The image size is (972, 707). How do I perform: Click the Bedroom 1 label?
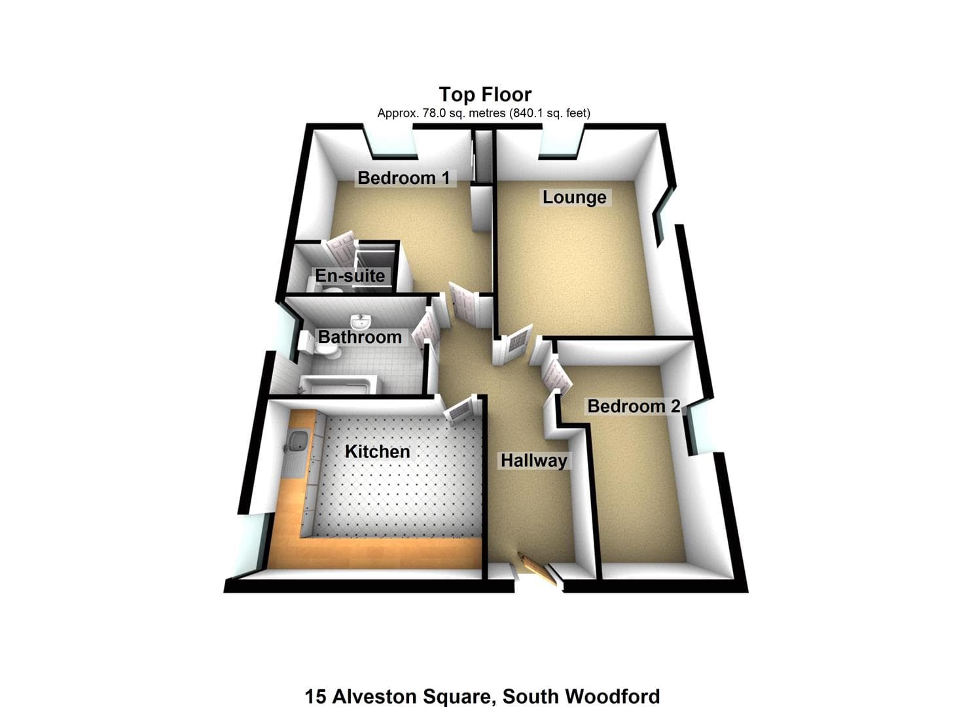point(404,177)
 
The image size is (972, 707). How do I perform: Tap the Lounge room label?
point(574,197)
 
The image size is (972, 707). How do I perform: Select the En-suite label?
point(350,276)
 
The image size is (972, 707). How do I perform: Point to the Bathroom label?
point(359,337)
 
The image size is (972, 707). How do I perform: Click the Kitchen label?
point(377,452)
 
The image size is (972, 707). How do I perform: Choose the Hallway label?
point(533,460)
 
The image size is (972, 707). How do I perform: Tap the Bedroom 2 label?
point(633,406)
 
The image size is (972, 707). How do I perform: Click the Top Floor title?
point(485,95)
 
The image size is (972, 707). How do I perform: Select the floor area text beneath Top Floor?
point(484,113)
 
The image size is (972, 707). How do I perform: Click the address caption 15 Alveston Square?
point(482,696)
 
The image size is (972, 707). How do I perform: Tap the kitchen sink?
point(297,443)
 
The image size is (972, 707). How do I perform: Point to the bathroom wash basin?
point(360,321)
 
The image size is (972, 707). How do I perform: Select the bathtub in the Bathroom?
point(337,384)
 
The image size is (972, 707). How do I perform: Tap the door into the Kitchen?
point(459,410)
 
